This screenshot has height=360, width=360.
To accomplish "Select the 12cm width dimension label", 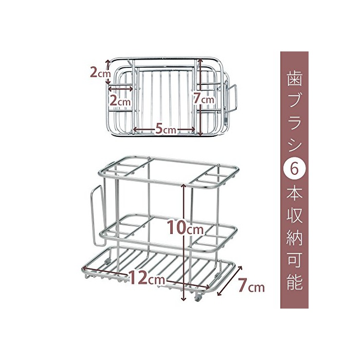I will [148, 278].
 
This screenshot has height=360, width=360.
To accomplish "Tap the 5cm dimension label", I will [165, 130].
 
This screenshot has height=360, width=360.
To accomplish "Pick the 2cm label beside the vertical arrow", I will [97, 73].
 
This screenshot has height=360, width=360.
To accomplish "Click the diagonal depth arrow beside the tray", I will [230, 281].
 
